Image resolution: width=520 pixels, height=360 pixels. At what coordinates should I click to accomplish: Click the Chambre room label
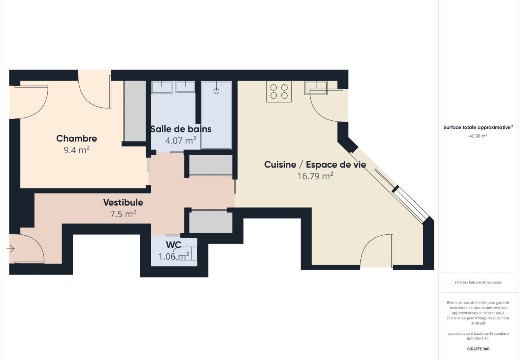77,138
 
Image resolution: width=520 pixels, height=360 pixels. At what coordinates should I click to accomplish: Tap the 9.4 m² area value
77,150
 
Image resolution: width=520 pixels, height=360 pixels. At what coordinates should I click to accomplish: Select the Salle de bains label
181,129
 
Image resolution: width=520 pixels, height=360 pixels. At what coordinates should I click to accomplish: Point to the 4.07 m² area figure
181,140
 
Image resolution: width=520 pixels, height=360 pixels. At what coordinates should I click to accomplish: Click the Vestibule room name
123,202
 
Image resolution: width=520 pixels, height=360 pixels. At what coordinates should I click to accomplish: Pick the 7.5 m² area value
123,214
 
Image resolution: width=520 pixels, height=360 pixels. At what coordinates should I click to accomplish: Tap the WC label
174,245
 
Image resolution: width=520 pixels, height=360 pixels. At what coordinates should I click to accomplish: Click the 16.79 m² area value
315,176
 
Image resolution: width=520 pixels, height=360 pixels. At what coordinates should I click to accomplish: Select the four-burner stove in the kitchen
279,92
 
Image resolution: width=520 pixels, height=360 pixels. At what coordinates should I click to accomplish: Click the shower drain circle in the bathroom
216,91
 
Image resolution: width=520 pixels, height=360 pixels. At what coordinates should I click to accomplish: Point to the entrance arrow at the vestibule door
10,249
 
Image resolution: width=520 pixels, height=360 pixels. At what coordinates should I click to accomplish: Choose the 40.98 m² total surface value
478,136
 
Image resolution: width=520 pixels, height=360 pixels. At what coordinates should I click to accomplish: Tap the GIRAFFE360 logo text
478,349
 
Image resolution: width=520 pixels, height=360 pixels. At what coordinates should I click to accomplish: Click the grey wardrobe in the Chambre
135,111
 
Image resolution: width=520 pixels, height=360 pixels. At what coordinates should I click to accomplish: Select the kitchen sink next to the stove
316,88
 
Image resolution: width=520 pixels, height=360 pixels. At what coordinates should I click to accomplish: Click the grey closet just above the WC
211,222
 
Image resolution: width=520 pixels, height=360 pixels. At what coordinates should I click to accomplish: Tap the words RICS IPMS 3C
478,339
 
